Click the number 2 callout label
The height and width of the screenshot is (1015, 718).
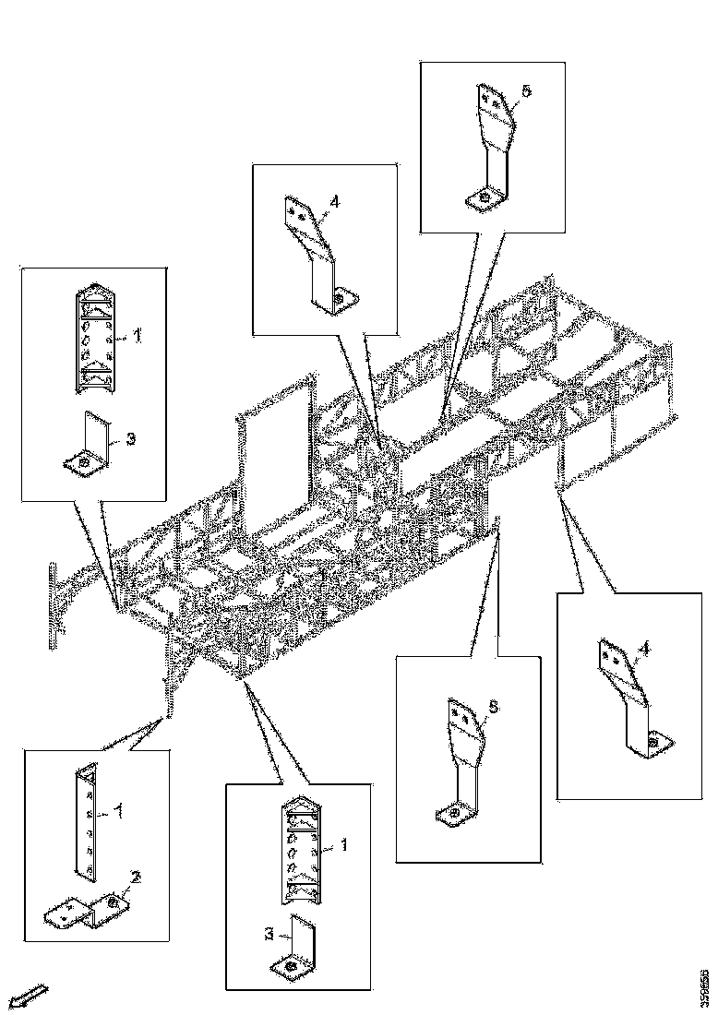coord(136,877)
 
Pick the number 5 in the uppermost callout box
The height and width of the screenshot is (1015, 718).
coord(526,91)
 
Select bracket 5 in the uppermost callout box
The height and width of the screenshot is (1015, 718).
coord(494,148)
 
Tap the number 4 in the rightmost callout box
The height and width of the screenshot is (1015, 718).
coord(644,650)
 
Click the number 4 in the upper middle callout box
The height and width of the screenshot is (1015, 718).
coord(335,200)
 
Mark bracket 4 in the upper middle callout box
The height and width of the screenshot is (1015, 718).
coord(318,254)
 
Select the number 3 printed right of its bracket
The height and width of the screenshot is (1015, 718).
coord(130,439)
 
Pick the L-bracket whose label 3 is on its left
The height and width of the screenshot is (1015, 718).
coord(301,945)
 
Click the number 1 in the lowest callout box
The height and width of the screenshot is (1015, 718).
coord(344,843)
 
